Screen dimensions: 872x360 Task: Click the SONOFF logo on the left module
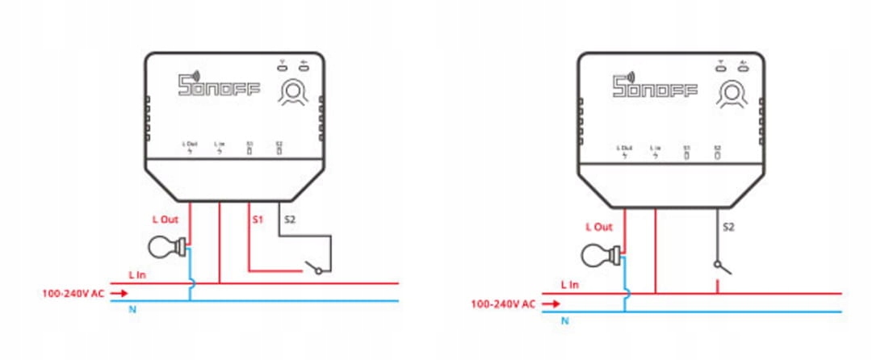pos(219,86)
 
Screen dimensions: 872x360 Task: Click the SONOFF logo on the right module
pos(654,86)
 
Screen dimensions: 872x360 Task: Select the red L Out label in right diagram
pos(599,227)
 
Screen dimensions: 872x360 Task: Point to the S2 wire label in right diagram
pos(728,227)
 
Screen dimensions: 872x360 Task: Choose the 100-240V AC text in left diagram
pos(73,293)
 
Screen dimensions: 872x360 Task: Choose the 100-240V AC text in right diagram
pos(502,304)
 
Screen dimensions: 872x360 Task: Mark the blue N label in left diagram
pos(132,308)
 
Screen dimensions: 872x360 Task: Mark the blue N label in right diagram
pos(564,320)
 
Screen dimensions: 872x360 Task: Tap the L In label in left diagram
pos(138,275)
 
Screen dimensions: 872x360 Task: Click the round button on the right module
pos(731,94)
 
